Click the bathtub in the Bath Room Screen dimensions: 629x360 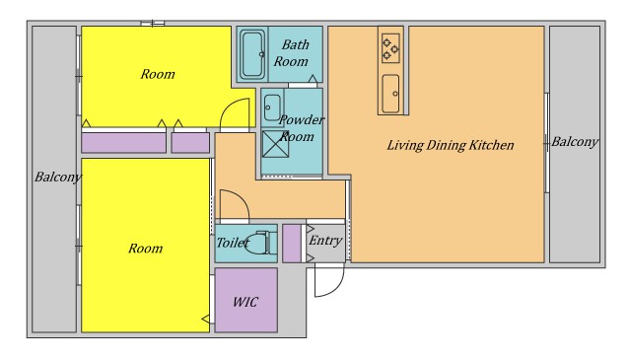tap(252, 54)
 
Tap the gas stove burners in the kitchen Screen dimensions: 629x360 tap(390, 48)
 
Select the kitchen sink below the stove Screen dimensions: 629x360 tap(390, 94)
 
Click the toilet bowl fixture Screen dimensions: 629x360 tap(260, 243)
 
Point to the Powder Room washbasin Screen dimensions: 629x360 tap(272, 108)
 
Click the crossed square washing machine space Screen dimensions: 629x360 tap(275, 144)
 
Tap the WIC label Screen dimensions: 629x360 tap(245, 302)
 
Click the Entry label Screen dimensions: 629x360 tap(325, 241)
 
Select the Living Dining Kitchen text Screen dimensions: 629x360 tap(451, 145)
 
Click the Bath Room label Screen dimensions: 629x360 tap(291, 53)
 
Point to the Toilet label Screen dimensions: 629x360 tap(233, 243)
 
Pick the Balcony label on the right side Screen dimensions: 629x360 tap(575, 142)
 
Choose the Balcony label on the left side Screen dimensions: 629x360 tap(58, 177)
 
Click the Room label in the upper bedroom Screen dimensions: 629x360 tap(158, 74)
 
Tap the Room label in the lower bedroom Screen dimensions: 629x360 tap(145, 249)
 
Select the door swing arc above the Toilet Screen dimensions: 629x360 tap(241, 197)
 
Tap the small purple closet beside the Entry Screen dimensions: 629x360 tap(292, 244)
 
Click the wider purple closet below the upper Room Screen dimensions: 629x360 tap(123, 143)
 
